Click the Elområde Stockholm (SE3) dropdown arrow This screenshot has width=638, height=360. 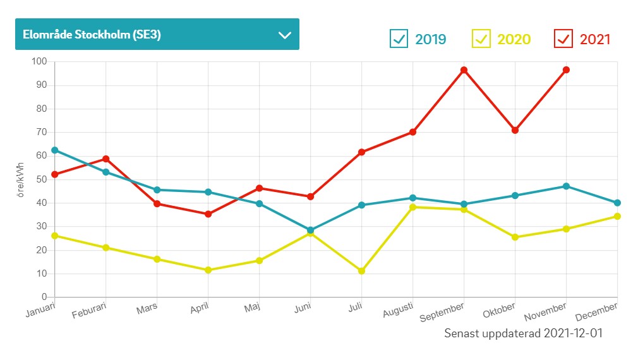click(284, 35)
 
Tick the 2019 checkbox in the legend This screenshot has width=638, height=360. click(399, 39)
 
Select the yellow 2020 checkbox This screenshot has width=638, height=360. click(481, 39)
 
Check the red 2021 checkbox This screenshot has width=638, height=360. click(563, 39)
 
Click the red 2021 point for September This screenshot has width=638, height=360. click(464, 70)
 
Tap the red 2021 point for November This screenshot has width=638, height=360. click(566, 70)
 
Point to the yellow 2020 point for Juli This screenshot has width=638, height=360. click(361, 271)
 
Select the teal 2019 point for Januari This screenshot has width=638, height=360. click(55, 150)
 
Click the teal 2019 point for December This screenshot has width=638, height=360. click(617, 203)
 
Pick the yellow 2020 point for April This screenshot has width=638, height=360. click(208, 270)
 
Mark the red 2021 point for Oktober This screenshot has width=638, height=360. click(515, 130)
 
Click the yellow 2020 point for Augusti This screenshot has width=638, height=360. click(412, 207)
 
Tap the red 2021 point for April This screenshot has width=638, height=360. click(208, 214)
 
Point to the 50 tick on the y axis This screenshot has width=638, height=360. click(42, 179)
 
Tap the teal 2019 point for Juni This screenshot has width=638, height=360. click(310, 231)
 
